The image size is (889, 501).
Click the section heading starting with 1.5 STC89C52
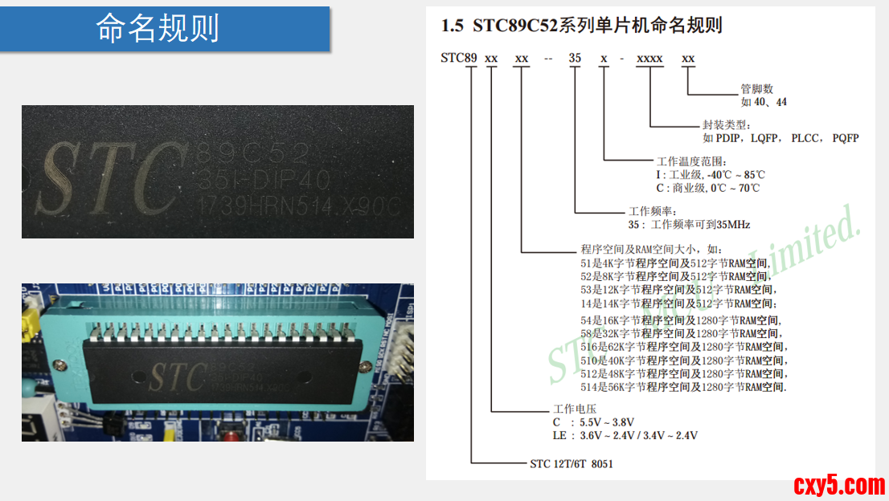tap(581, 26)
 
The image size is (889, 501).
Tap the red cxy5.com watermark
tap(838, 484)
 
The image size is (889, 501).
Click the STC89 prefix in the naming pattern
tap(459, 59)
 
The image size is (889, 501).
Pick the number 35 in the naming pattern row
tap(575, 59)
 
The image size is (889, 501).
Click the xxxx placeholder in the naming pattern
tap(649, 59)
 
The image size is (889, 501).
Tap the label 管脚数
tap(756, 89)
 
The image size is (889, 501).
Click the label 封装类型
tap(726, 125)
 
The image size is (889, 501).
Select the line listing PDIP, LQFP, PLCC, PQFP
tap(780, 138)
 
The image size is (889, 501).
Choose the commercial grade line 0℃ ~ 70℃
tap(707, 188)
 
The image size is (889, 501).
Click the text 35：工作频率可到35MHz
tap(689, 225)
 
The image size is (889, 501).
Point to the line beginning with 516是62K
tap(684, 347)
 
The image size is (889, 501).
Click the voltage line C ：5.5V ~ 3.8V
tap(593, 422)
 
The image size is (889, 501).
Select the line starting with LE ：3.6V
tap(625, 435)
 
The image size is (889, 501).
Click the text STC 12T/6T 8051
tap(571, 463)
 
